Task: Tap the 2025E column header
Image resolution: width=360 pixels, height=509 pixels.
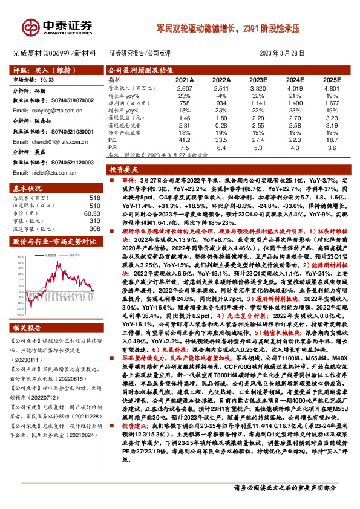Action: (331, 80)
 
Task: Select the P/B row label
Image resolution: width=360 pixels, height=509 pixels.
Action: (112, 146)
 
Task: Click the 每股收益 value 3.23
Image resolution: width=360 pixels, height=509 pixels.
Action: (331, 118)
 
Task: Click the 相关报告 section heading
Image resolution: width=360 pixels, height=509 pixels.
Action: (28, 328)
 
